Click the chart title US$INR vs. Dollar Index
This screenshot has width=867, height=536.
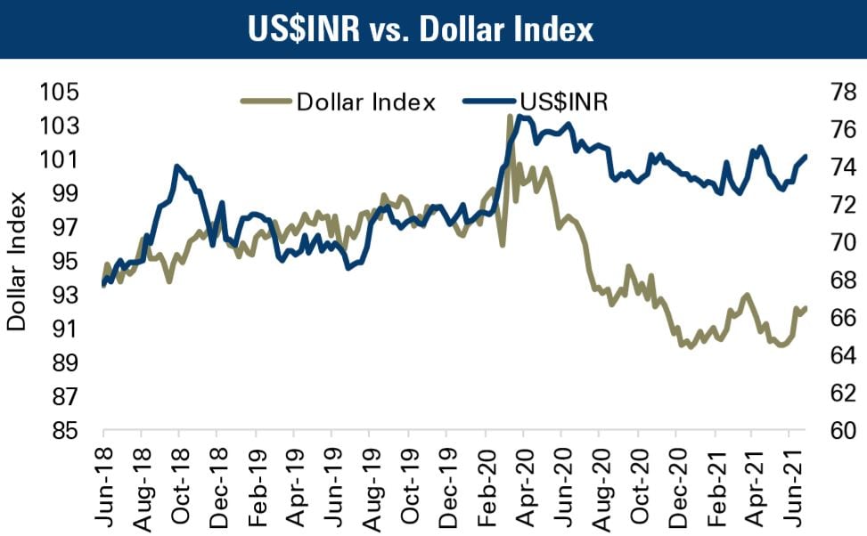click(433, 30)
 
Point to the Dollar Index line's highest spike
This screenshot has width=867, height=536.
click(511, 116)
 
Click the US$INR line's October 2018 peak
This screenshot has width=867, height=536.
click(177, 166)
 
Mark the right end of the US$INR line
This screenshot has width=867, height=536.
click(806, 156)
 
